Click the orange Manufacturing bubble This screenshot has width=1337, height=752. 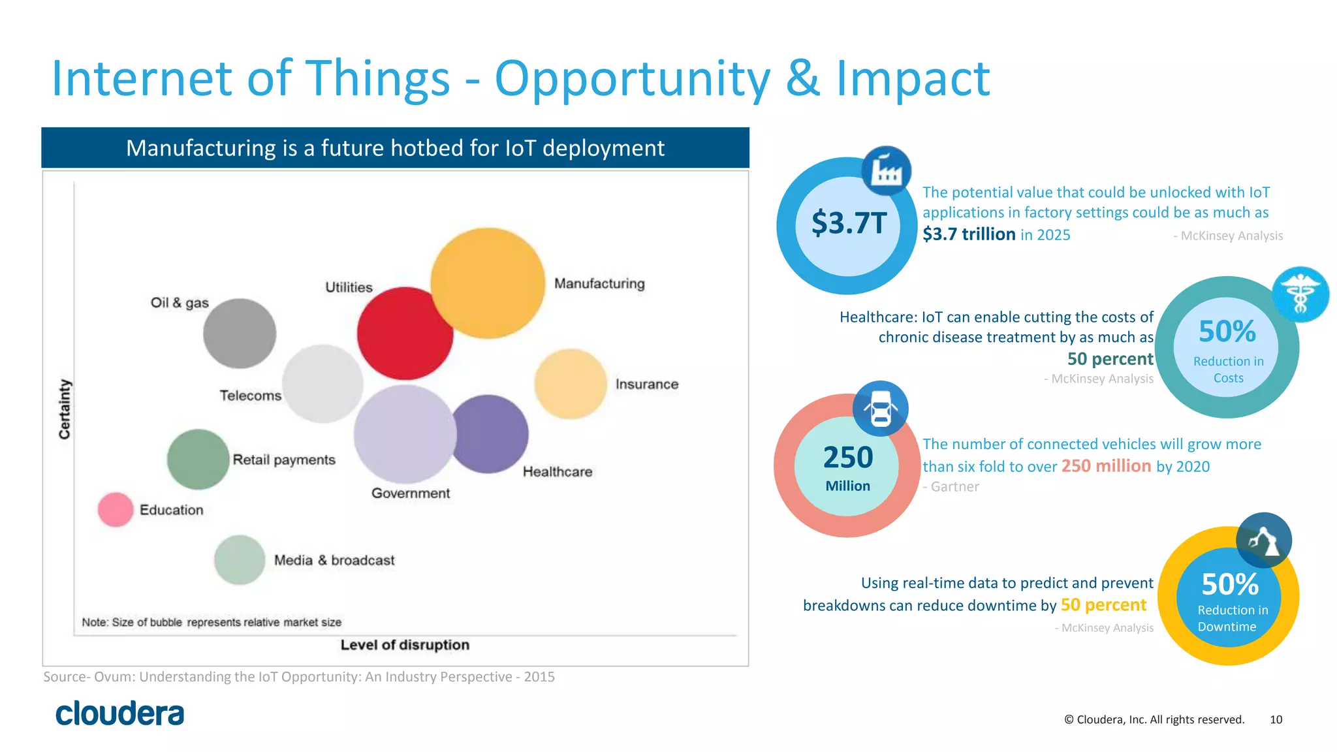(x=488, y=283)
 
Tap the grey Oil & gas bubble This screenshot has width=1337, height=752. (x=240, y=334)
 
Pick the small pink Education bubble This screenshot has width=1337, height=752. (x=116, y=510)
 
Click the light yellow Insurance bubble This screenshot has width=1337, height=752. (x=571, y=384)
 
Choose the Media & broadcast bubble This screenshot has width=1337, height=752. (x=240, y=559)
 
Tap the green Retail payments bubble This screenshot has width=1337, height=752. (x=198, y=460)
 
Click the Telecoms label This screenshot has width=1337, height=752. (x=250, y=396)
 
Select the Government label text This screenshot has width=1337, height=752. (x=411, y=493)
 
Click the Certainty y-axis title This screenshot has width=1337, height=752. (x=65, y=409)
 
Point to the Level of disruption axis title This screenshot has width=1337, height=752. (x=405, y=645)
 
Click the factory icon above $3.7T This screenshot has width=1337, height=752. (x=886, y=171)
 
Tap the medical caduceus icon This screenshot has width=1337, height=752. (x=1300, y=294)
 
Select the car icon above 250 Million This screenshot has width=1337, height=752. (x=880, y=409)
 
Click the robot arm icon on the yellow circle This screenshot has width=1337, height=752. (x=1263, y=540)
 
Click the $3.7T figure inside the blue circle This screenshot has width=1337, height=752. (x=848, y=223)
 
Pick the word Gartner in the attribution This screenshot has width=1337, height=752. (x=954, y=487)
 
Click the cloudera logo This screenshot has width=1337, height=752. (x=120, y=713)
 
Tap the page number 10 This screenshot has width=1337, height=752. (x=1276, y=719)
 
